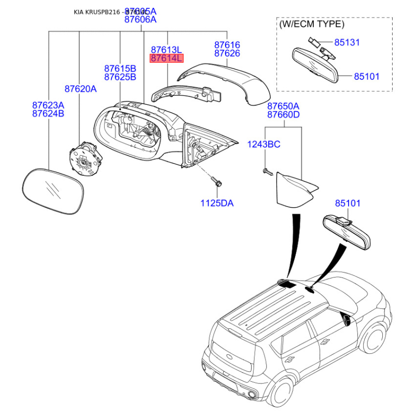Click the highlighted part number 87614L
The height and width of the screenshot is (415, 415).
167,59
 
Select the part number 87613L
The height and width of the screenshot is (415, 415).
167,49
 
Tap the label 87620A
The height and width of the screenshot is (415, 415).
80,89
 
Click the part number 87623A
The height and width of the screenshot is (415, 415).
48,104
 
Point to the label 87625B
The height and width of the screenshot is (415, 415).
120,77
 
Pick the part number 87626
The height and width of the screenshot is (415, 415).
227,53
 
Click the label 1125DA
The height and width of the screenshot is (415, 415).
217,203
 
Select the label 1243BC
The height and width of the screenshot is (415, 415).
263,144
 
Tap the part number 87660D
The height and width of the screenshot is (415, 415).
283,115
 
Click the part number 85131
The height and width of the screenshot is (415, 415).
347,43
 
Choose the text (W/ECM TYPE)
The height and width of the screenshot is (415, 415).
311,24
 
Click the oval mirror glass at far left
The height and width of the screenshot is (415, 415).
54,191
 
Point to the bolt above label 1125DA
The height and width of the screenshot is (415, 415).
216,182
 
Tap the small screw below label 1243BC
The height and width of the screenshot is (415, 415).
267,171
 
